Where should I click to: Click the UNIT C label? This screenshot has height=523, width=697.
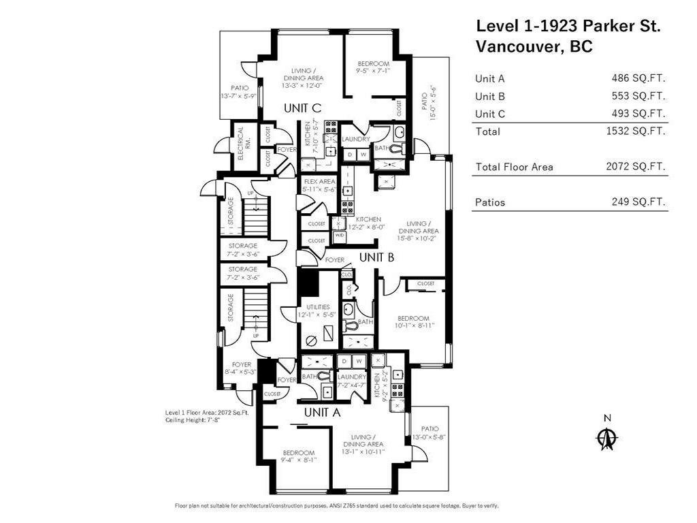click(x=302, y=108)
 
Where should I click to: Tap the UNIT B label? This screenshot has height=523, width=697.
click(x=377, y=257)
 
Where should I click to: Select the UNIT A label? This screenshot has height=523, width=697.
click(x=322, y=412)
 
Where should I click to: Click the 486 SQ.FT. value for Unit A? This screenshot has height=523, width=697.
click(x=638, y=78)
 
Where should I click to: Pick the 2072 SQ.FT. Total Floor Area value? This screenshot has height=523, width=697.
click(x=635, y=166)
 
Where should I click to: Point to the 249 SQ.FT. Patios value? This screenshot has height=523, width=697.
click(x=638, y=202)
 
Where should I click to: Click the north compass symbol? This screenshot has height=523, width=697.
click(x=606, y=437)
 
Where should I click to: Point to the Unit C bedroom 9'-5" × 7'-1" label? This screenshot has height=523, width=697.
click(x=372, y=67)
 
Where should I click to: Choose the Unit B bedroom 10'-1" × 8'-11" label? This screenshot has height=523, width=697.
click(x=414, y=322)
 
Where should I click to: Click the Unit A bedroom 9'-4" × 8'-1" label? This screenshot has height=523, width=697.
click(x=299, y=456)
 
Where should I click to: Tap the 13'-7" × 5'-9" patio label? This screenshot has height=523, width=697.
click(x=239, y=92)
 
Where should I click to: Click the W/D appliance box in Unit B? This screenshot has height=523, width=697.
click(x=338, y=236)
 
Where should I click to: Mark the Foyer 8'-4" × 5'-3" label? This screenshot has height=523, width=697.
click(x=241, y=368)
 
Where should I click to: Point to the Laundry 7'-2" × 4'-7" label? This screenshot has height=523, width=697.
click(x=352, y=381)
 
